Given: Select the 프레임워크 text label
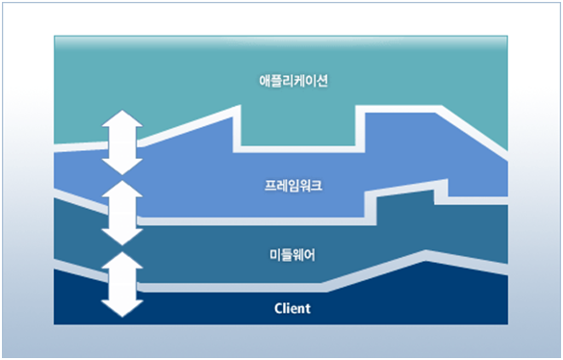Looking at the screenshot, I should (x=294, y=185).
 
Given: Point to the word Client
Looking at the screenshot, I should (x=294, y=309).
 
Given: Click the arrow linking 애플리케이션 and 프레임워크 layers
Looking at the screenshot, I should (x=122, y=141).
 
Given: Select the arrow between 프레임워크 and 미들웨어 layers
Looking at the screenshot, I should (x=122, y=213).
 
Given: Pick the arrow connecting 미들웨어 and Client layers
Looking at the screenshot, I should (x=122, y=284).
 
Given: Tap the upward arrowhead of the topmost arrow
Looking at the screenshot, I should (x=122, y=119).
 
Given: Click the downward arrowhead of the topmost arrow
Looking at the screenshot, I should (x=122, y=165).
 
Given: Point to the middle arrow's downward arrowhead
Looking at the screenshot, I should (x=122, y=235).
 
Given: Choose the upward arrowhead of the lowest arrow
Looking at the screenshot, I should (x=122, y=262).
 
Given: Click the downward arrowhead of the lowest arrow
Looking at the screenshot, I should (x=122, y=307).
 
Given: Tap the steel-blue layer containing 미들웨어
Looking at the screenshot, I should (x=212, y=252).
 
